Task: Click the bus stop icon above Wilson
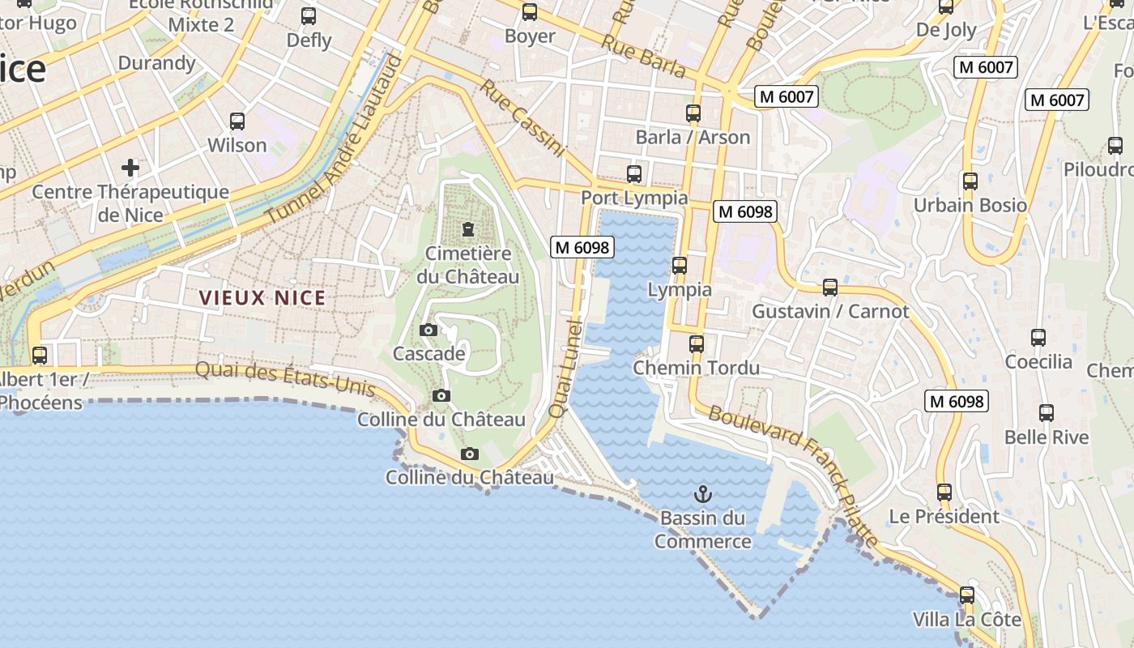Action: [237, 122]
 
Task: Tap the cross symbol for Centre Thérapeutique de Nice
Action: [130, 168]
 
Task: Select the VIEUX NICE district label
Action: [262, 298]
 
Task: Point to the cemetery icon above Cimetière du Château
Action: [468, 229]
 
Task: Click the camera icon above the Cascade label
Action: [428, 330]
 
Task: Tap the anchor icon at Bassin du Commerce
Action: [703, 492]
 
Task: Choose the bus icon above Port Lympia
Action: [634, 173]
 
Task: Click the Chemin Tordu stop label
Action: [696, 368]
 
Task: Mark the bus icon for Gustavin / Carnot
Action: [830, 287]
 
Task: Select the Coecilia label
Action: [1038, 362]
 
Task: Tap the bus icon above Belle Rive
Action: [1047, 413]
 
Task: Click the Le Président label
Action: [944, 516]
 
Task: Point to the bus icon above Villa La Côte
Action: [967, 595]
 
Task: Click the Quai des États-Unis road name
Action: [285, 378]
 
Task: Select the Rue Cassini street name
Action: [522, 117]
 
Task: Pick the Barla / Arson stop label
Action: [693, 137]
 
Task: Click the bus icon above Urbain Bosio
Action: [970, 181]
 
